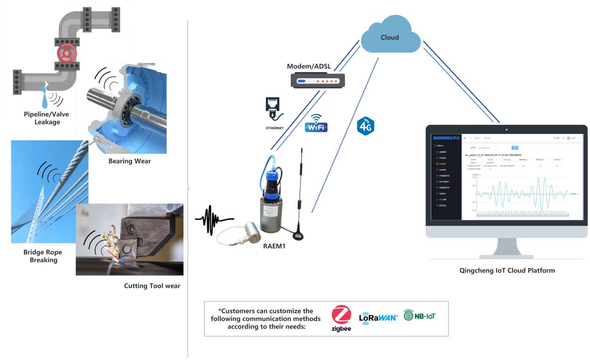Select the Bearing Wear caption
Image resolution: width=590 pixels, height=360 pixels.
tap(130, 161)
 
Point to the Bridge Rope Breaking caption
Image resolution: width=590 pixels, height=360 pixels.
tap(43, 256)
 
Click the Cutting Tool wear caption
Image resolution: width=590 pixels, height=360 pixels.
tap(152, 286)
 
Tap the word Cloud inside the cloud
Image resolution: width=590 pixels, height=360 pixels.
tap(390, 37)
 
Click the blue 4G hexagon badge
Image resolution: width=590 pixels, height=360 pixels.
tap(365, 126)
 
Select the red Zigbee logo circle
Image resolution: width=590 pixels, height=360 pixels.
tap(342, 315)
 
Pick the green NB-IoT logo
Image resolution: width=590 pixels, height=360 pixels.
tap(419, 315)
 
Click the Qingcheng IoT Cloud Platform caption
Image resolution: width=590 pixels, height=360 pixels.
tap(507, 270)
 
